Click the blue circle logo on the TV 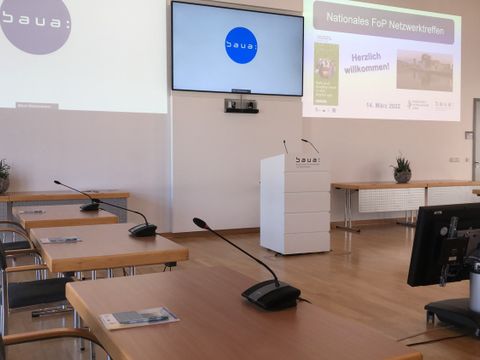[241, 45]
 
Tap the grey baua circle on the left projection [35, 22]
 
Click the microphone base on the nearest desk [271, 294]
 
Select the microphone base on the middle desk [143, 229]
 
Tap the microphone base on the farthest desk [90, 206]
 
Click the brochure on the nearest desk [139, 318]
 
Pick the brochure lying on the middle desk [60, 240]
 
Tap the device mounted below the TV [240, 104]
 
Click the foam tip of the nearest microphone [199, 223]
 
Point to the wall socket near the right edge [454, 159]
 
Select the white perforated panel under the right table [391, 199]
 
